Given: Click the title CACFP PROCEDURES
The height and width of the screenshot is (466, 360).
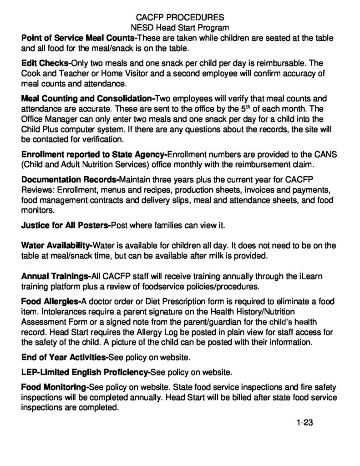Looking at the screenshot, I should [x=180, y=18].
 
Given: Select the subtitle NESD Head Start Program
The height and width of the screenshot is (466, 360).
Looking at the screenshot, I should [x=180, y=28].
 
